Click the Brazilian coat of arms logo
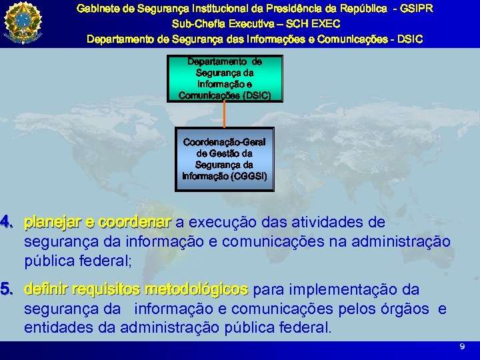tap(22, 22)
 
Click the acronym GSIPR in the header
tap(416, 9)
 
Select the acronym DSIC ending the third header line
tap(409, 39)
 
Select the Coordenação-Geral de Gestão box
tap(225, 159)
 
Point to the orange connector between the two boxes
tap(225, 114)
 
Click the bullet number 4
tap(5, 221)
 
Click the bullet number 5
tap(5, 290)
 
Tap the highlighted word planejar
tap(52, 221)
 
